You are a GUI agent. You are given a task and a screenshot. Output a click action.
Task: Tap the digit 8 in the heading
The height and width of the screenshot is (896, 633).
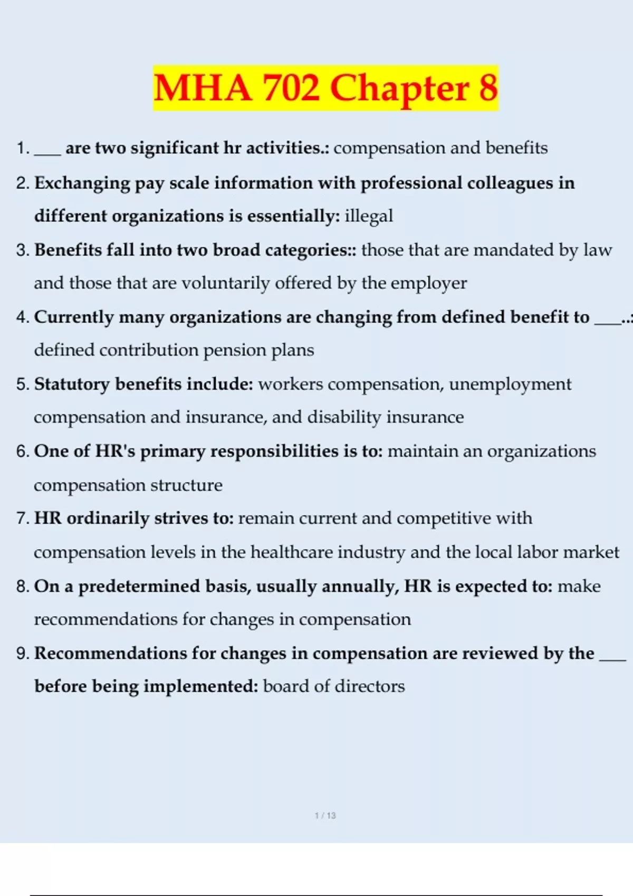(488, 87)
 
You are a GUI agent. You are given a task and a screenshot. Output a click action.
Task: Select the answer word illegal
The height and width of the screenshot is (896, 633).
(369, 216)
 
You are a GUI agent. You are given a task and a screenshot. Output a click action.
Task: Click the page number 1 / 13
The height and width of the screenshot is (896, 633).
(325, 815)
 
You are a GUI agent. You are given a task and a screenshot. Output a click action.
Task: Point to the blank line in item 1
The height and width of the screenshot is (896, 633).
(47, 153)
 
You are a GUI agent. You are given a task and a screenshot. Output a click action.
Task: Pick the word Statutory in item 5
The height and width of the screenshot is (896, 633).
(72, 384)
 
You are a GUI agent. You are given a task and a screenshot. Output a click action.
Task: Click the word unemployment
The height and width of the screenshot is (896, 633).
(510, 384)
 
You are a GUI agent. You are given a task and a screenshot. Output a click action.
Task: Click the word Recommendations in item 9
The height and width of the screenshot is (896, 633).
(110, 653)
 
